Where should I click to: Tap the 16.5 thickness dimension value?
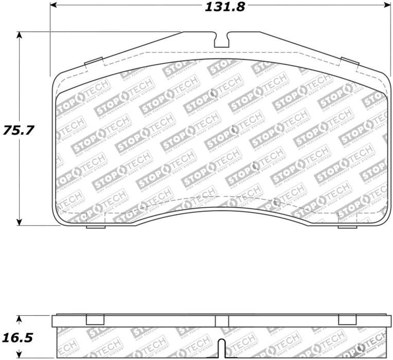(x=18, y=338)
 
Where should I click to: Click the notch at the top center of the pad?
(x=222, y=40)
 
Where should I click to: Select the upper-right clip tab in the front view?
(x=350, y=62)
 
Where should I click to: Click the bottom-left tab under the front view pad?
(x=95, y=227)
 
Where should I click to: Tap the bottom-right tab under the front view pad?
(x=347, y=227)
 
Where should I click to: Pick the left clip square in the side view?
(x=95, y=320)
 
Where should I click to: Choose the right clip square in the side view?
(x=347, y=320)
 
